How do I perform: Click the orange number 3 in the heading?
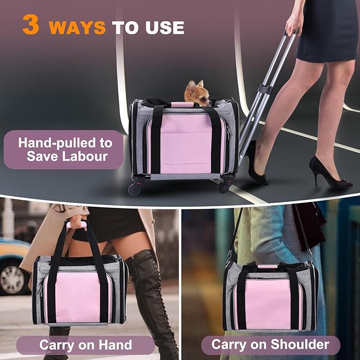point(31,25)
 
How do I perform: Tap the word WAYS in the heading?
point(77,28)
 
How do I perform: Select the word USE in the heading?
point(165,28)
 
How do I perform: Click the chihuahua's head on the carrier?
point(197,93)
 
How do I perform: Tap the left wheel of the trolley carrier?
point(134,189)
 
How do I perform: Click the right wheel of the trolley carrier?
point(223,188)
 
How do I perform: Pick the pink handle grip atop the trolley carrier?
point(182,105)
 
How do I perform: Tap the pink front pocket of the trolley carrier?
point(186,144)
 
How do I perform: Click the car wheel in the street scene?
point(12,280)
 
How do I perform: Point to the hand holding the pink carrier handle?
point(77,222)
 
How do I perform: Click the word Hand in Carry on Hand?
point(115,345)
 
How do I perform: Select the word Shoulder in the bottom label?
point(300,344)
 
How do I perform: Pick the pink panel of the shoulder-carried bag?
point(268,305)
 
